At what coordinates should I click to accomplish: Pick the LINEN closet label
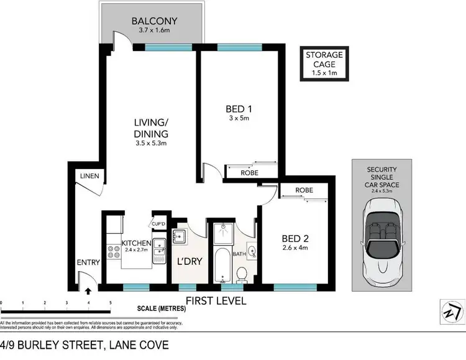(x=89, y=177)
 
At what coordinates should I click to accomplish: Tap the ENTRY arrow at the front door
(x=88, y=289)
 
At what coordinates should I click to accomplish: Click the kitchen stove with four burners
(x=114, y=252)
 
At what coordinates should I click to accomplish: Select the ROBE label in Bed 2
(x=304, y=190)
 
